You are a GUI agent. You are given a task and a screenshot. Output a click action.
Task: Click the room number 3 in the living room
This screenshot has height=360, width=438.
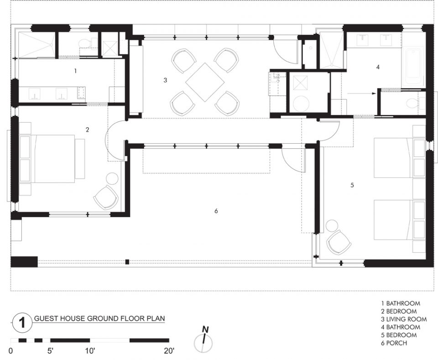(x=165, y=80)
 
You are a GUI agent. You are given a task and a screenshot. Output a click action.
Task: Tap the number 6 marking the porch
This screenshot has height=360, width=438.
(x=216, y=211)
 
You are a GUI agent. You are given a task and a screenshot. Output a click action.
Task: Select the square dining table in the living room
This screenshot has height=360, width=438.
(x=205, y=82)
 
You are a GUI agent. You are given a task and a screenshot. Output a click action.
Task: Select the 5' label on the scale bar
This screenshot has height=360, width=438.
(x=50, y=350)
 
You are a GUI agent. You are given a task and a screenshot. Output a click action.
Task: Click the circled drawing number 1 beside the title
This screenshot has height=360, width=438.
(x=22, y=323)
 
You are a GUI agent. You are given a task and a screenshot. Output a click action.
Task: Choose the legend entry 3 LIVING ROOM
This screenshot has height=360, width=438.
(x=404, y=319)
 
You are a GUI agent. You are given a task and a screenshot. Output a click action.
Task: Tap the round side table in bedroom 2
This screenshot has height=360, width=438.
(x=112, y=178)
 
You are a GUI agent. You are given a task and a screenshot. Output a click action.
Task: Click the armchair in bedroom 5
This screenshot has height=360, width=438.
(x=338, y=243)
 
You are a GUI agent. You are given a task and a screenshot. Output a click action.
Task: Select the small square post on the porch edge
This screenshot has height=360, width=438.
(x=127, y=262)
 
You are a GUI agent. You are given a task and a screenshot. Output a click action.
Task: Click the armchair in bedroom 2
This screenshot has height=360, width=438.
(x=106, y=198)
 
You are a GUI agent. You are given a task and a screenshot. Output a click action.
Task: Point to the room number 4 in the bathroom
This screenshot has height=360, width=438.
(x=378, y=67)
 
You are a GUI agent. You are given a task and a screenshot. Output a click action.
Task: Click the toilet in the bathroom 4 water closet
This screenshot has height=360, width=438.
(x=411, y=103)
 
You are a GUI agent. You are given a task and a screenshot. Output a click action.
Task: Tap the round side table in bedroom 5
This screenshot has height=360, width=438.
(x=332, y=225)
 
